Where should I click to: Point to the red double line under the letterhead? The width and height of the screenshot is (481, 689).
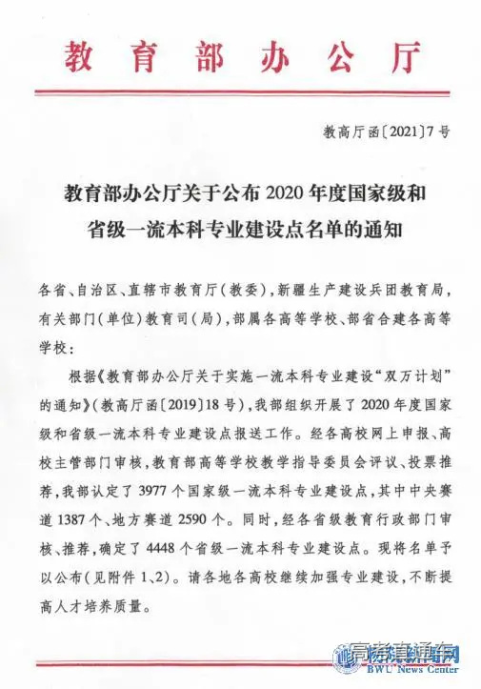240,92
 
